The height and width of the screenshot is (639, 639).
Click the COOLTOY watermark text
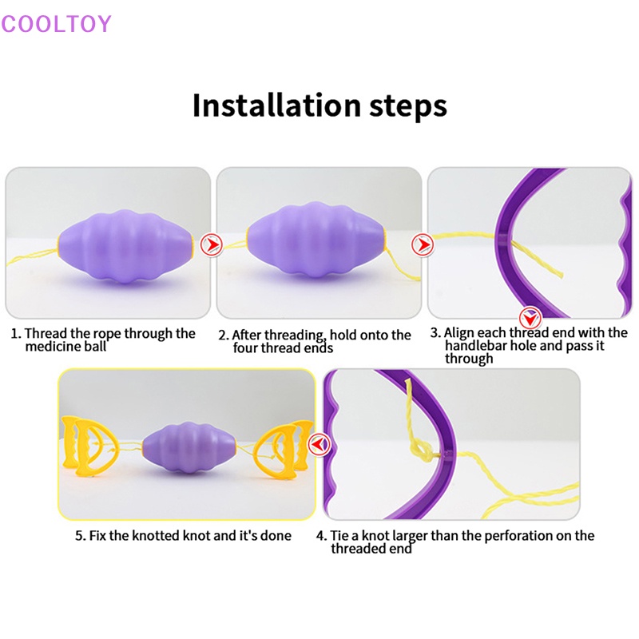(x=56, y=23)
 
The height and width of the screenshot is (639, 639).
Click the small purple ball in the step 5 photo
(x=189, y=450)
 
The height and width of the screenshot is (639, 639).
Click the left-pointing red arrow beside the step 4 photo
(x=320, y=443)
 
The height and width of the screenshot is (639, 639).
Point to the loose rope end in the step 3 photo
(x=559, y=273)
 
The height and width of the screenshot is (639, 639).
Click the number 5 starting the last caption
(x=79, y=535)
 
